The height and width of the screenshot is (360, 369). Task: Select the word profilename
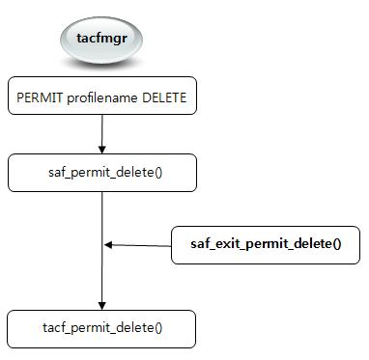[x=98, y=97]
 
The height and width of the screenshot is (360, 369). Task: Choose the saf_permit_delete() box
[x=101, y=174]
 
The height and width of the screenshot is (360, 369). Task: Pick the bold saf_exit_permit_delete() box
[x=264, y=244]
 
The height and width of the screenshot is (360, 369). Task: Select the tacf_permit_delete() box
[x=101, y=328]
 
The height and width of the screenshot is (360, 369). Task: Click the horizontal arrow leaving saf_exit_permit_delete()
[x=140, y=245]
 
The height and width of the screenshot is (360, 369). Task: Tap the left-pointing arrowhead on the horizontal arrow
[x=109, y=245]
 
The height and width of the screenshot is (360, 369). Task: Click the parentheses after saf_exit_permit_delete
[x=336, y=244]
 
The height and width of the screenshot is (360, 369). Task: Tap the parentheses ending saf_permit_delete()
[x=154, y=174]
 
